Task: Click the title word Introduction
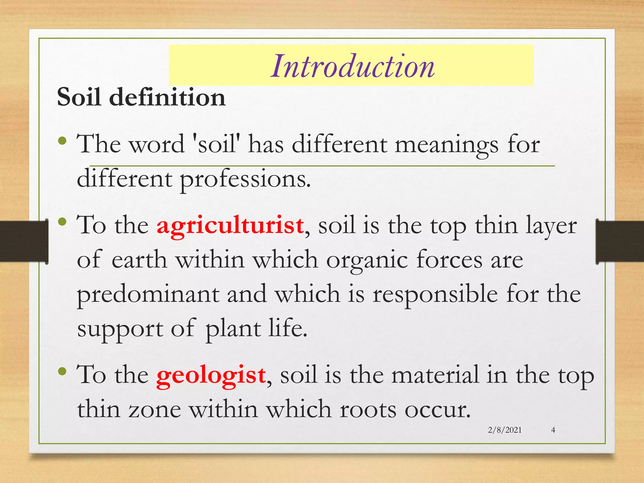point(353,66)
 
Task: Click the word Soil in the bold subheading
point(79,97)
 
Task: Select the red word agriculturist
point(230,226)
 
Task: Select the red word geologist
point(211,375)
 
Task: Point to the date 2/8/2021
point(505,430)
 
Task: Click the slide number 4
point(553,430)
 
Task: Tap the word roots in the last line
point(368,410)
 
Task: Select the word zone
point(155,410)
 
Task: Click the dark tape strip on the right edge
point(619,241)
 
